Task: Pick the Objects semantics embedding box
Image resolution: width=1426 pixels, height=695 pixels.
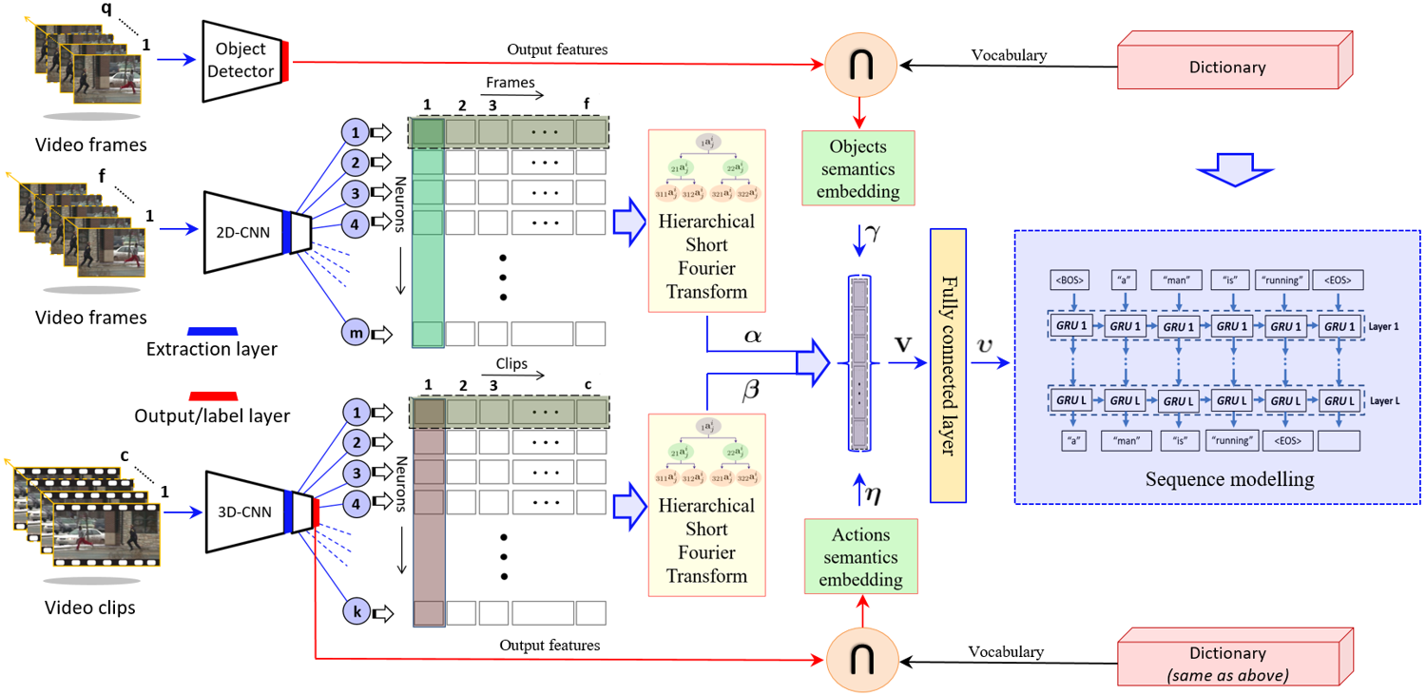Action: pos(858,168)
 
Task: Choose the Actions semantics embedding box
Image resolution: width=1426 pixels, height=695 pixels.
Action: pos(860,556)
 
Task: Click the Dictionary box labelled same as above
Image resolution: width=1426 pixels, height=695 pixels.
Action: pos(1227,662)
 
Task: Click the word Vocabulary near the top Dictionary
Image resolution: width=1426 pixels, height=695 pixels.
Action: pos(1009,55)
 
